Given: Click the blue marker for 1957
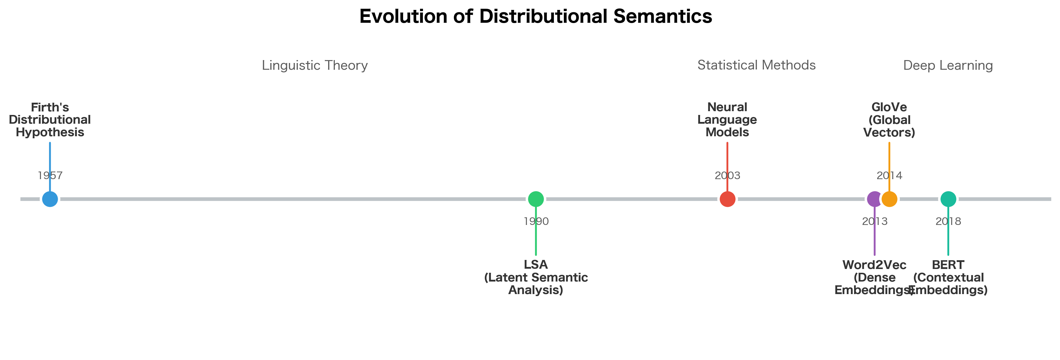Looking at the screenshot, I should [50, 199].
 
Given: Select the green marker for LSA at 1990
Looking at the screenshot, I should [536, 199].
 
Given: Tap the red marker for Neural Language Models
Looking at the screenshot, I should [727, 199].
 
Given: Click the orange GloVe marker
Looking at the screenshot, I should [890, 199].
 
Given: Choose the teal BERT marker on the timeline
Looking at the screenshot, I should [948, 199].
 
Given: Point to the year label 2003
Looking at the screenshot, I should [727, 176].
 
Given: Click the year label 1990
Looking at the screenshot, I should [536, 221].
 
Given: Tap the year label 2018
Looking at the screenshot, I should [948, 221].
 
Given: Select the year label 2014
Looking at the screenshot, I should [889, 176].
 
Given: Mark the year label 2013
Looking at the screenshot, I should [874, 221].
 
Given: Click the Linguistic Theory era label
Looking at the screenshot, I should [314, 65].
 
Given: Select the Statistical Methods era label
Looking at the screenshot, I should [756, 65].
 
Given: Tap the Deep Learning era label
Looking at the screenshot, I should [948, 65].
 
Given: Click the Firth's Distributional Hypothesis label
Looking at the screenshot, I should [50, 120].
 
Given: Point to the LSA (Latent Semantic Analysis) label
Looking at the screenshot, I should [536, 277].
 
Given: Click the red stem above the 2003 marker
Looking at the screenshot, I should [727, 156].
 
